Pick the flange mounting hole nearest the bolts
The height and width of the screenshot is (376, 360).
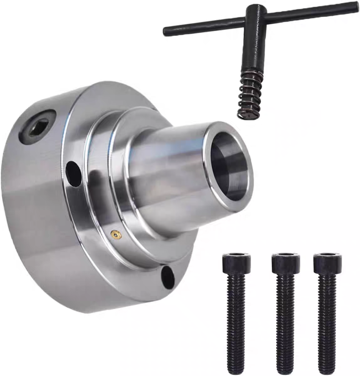(168, 277)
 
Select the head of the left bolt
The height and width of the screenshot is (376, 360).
(236, 264)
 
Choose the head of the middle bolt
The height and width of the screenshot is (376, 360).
(285, 264)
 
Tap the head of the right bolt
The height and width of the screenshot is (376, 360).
(327, 264)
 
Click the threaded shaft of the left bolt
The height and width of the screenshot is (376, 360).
(236, 321)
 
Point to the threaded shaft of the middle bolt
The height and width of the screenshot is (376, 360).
(285, 321)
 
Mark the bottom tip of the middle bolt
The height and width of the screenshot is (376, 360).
(285, 371)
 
